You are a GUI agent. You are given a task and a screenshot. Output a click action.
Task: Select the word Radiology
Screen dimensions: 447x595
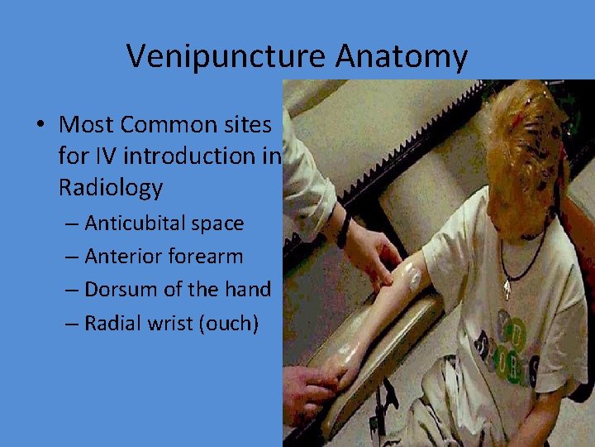[x=111, y=188]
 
